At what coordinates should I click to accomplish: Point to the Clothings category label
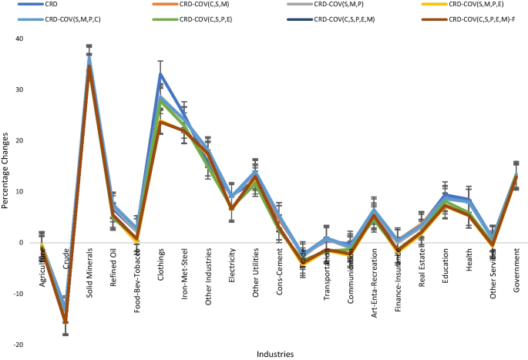click(161, 265)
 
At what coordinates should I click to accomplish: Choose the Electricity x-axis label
click(232, 266)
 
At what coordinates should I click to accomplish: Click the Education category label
click(445, 265)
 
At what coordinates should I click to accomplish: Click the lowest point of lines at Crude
click(66, 322)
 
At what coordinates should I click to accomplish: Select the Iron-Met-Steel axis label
click(184, 271)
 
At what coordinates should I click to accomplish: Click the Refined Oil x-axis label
click(113, 267)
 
